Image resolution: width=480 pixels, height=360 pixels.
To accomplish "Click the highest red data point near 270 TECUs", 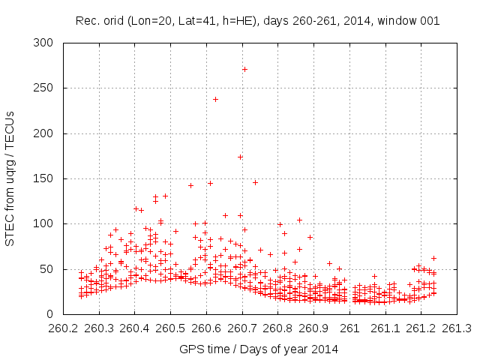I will coord(244,69).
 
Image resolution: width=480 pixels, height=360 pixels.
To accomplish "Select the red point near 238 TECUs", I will coord(215,99).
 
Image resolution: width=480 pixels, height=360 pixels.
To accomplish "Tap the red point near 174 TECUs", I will coord(240,157).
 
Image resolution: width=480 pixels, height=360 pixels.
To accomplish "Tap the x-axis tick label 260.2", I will coord(63,328).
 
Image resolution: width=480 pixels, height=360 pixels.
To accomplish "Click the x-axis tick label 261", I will coord(350,328).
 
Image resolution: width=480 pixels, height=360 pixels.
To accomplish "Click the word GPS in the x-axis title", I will coord(190,349).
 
